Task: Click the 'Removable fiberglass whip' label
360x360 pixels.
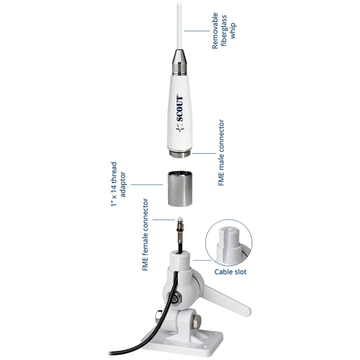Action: tap(224, 31)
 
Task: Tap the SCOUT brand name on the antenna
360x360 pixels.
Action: tap(180, 108)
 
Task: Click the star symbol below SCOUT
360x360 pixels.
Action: tap(180, 128)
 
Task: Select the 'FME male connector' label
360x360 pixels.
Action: tap(221, 153)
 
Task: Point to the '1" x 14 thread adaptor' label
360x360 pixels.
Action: tap(118, 184)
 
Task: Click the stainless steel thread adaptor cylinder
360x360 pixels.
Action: tap(180, 189)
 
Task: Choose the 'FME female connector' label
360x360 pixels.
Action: tap(145, 234)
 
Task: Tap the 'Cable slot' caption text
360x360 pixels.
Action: tap(230, 272)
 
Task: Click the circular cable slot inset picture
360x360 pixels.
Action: tap(229, 243)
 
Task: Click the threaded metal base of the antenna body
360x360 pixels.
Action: tap(180, 153)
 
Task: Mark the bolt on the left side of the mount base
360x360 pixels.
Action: tap(159, 316)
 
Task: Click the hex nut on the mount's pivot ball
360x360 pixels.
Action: tap(175, 299)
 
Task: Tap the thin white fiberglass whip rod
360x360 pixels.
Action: tap(180, 25)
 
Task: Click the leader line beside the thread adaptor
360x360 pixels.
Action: tap(147, 184)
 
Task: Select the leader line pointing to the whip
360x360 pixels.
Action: tap(197, 31)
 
